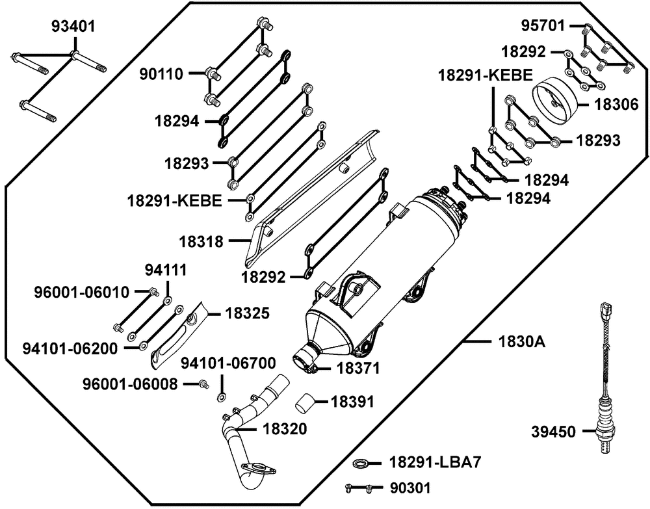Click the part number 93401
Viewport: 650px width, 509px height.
point(73,27)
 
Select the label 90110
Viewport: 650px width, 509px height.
point(164,74)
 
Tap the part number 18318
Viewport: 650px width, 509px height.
point(201,242)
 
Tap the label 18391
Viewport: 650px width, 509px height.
point(353,401)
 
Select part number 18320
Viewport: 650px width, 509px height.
point(285,428)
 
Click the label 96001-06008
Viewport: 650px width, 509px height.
point(130,384)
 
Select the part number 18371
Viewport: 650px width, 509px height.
point(358,367)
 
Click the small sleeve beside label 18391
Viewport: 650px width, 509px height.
point(307,402)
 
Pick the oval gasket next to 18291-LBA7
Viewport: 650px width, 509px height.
point(361,463)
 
